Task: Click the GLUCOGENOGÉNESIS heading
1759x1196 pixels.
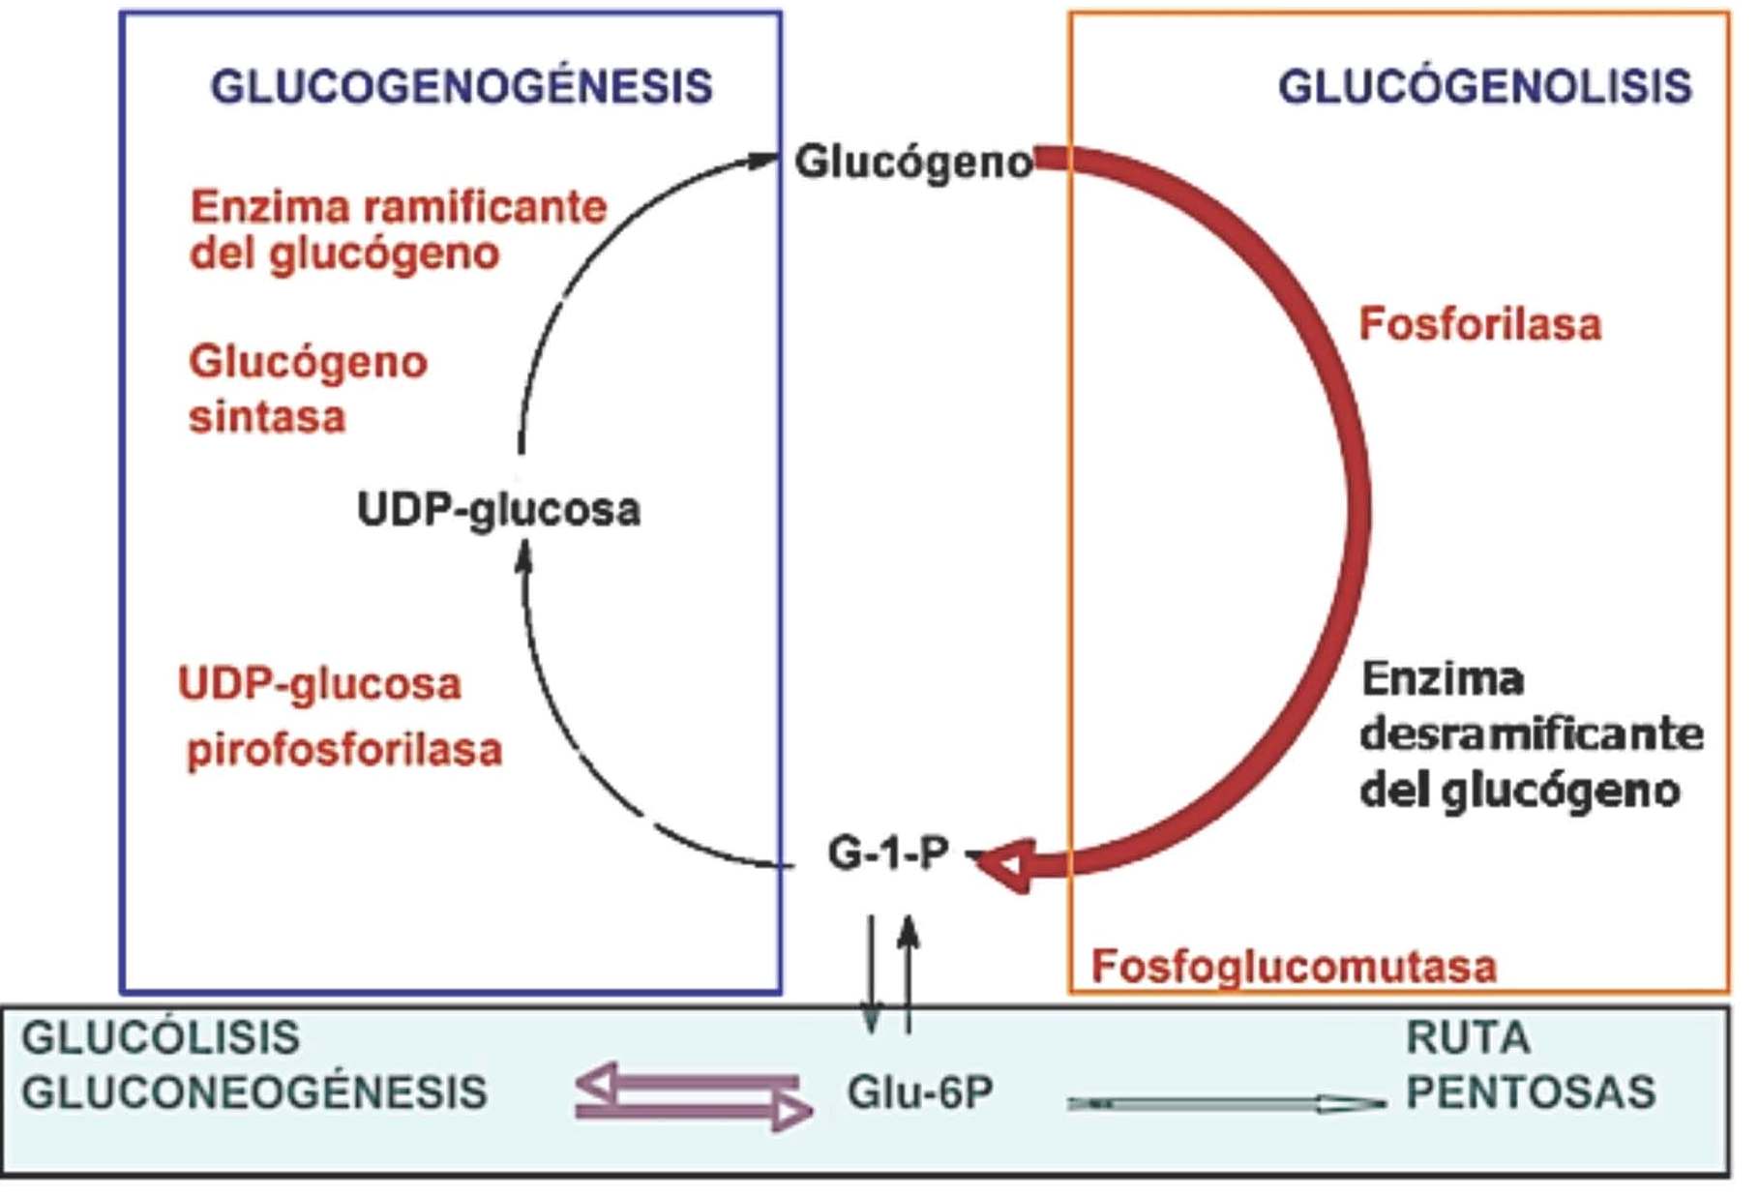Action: click(462, 87)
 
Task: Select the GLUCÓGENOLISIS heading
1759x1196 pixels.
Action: click(1485, 87)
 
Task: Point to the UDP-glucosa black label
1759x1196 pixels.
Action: click(498, 510)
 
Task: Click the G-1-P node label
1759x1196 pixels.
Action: click(888, 853)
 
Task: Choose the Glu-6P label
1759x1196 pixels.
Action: click(920, 1093)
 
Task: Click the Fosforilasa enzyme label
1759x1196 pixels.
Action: click(1480, 324)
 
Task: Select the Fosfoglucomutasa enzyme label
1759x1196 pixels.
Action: click(1294, 967)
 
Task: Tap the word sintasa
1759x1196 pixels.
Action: click(267, 418)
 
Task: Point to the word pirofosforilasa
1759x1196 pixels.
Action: click(344, 750)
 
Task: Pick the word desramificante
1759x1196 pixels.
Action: click(1531, 734)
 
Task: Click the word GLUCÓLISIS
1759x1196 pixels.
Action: click(161, 1038)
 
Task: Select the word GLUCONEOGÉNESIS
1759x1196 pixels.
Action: click(253, 1093)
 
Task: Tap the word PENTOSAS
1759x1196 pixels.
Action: click(1531, 1093)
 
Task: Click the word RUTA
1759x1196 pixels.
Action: click(1468, 1038)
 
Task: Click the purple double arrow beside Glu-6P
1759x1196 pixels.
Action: click(693, 1097)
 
